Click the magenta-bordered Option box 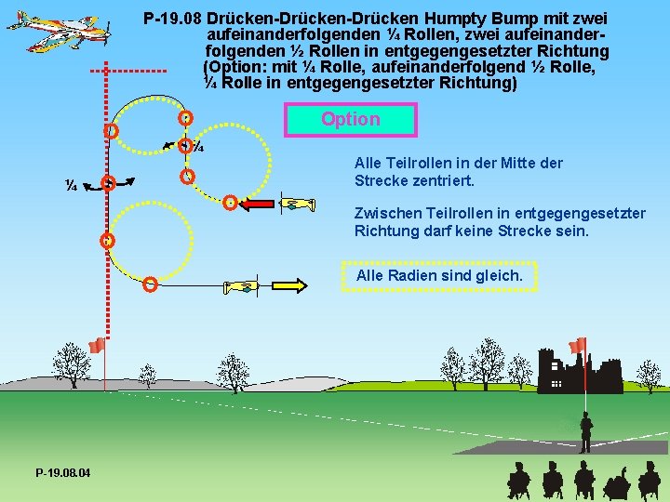tap(350, 119)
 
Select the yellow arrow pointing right tap(285, 285)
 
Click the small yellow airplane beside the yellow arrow tap(242, 286)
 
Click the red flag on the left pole tap(96, 346)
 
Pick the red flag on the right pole tap(578, 345)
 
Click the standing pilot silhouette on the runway tap(586, 433)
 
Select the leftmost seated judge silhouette tap(517, 481)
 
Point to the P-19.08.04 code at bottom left tap(63, 473)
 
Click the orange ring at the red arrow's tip tap(230, 202)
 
